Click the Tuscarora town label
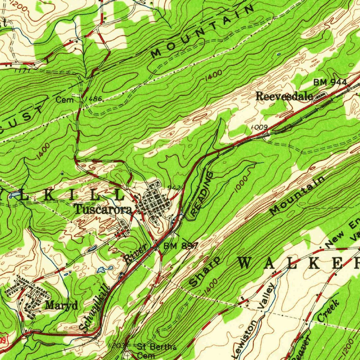[103, 210]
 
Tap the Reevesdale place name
[284, 96]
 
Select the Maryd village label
[62, 305]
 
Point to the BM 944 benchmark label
[330, 82]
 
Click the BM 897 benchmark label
[181, 246]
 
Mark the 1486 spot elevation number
[94, 99]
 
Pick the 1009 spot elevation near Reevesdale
[260, 127]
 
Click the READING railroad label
[202, 194]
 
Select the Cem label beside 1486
[65, 100]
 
